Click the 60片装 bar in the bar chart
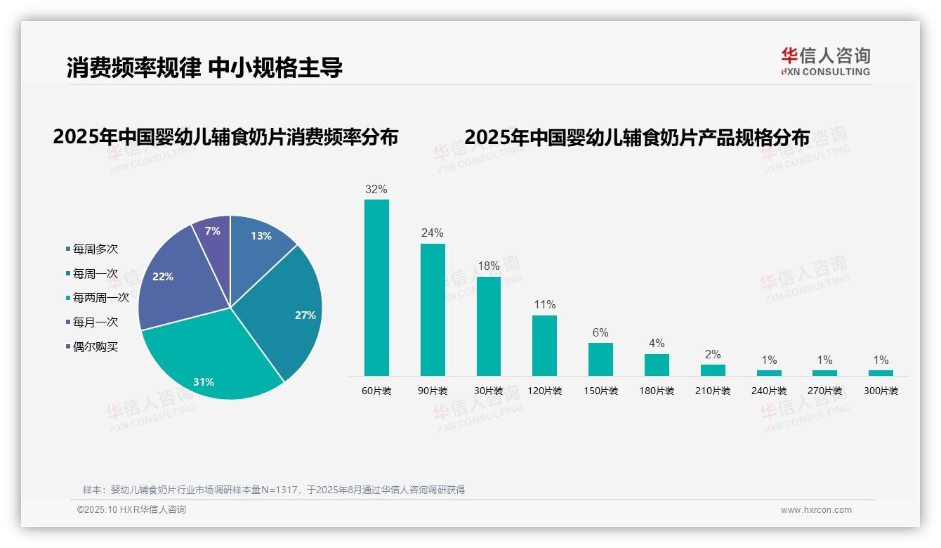click(x=376, y=287)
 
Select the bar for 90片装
click(x=433, y=309)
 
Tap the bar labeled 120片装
click(x=544, y=345)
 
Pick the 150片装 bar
click(x=600, y=359)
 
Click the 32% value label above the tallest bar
click(x=376, y=190)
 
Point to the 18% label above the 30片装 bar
click(x=489, y=266)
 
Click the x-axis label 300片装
click(x=881, y=391)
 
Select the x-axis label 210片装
click(x=713, y=391)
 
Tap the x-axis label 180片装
click(x=657, y=391)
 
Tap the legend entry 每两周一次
click(x=100, y=298)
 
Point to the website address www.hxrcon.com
click(x=816, y=510)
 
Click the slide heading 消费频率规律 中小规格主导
click(x=204, y=68)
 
